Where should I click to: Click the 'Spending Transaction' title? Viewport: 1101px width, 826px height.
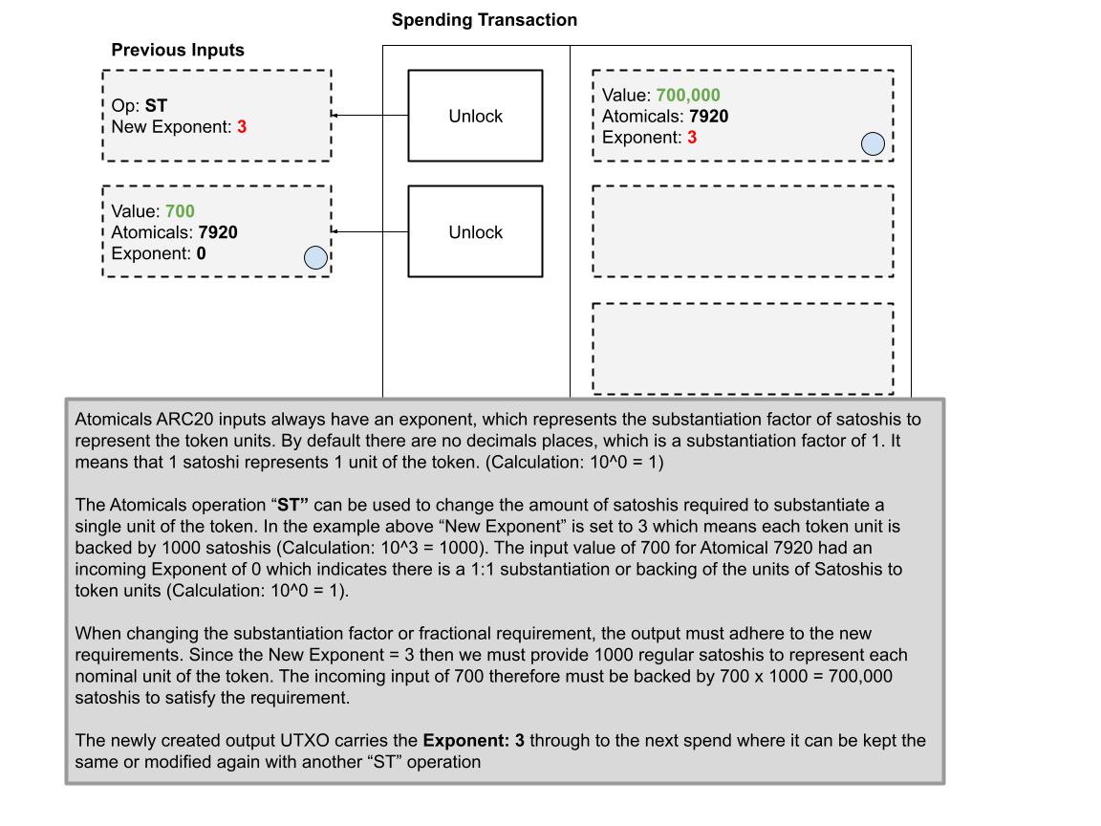pos(484,20)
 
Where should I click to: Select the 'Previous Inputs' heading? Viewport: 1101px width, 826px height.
pos(178,51)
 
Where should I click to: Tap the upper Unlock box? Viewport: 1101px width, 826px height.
pos(475,116)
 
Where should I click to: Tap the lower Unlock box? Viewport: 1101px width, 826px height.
pos(475,232)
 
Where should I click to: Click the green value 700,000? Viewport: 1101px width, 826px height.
pos(688,96)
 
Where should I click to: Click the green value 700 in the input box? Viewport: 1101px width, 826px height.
pos(180,211)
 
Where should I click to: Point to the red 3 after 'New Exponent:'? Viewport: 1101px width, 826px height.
pos(242,126)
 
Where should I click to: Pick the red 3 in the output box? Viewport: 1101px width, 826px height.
pos(692,138)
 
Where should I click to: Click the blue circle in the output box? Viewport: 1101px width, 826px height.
pos(873,143)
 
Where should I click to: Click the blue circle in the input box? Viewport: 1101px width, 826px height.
pos(314,257)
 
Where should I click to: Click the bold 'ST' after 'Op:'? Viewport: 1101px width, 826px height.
pos(157,106)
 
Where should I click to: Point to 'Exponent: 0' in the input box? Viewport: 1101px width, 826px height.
pos(159,253)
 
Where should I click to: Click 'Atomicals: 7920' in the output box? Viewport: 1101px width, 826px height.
pos(665,117)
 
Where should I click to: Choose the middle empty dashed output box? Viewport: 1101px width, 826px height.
pos(743,231)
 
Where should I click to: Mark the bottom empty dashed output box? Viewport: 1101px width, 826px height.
pos(743,348)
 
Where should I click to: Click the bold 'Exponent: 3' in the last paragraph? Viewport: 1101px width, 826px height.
pos(474,741)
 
